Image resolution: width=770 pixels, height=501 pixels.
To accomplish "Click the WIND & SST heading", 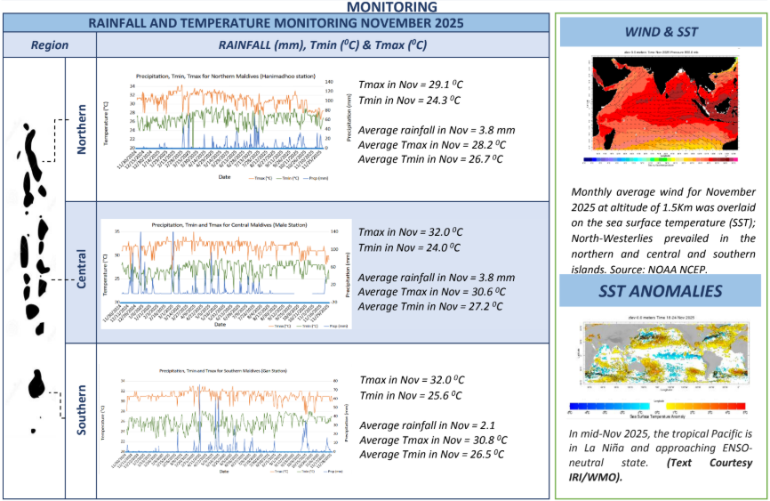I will coord(661,33).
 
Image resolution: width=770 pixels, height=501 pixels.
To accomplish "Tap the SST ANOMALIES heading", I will coord(660,291).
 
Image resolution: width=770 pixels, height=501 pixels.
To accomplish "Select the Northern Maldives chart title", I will coord(225,77).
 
